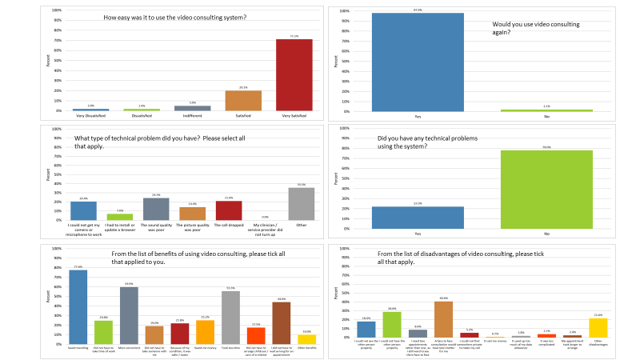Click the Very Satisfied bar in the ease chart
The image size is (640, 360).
[294, 75]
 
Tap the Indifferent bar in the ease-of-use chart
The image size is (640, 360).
[192, 108]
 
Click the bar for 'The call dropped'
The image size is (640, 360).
[228, 210]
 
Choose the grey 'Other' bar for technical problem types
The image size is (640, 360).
[301, 204]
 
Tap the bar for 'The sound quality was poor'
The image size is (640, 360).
[156, 209]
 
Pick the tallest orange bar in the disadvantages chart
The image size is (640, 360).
[443, 318]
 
